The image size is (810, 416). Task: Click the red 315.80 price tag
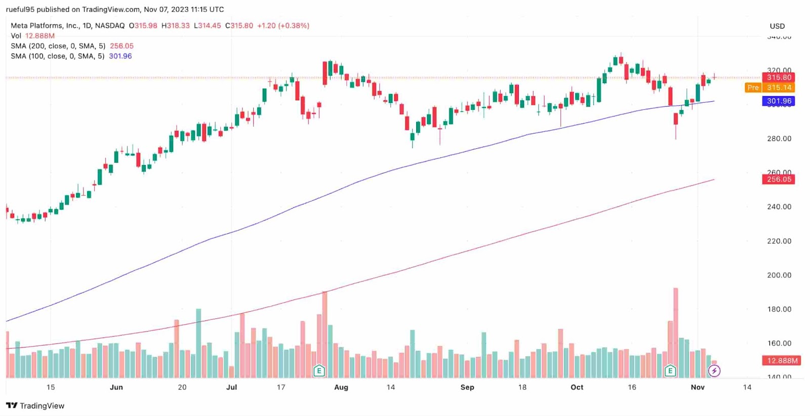click(x=779, y=77)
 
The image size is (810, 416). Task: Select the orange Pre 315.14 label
click(x=770, y=88)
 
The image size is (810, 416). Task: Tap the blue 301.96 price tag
click(x=779, y=101)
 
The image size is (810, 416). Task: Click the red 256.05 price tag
click(x=779, y=179)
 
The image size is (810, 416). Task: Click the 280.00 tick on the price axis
click(x=779, y=139)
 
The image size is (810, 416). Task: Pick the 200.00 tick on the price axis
click(x=779, y=275)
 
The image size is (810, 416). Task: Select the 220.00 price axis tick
click(x=779, y=241)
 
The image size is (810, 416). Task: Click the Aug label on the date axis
click(x=341, y=387)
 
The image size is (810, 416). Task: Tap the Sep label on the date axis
click(x=467, y=387)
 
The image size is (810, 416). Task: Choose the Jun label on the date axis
click(x=116, y=387)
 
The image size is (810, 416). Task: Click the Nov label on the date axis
click(x=698, y=387)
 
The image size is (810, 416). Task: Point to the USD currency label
click(x=777, y=26)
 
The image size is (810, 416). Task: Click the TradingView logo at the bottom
click(x=35, y=405)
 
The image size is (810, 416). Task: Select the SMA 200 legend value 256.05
click(x=122, y=46)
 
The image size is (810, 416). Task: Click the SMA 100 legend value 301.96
click(x=120, y=56)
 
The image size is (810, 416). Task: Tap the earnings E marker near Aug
click(x=319, y=371)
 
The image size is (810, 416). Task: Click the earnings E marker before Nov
click(x=670, y=371)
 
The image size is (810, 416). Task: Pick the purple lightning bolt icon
click(x=714, y=371)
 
